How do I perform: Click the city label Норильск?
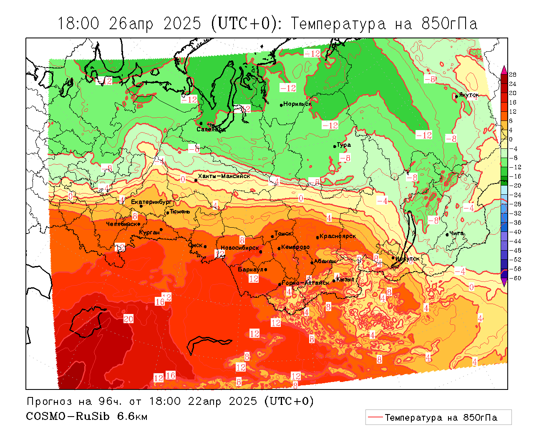pos(297,104)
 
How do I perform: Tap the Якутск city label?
pos(469,95)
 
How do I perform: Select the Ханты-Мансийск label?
pos(224,176)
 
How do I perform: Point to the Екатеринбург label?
pos(151,202)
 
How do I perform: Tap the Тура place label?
pos(344,145)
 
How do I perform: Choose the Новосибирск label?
pos(240,248)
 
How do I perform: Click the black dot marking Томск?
pos(272,236)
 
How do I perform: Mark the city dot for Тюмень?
pos(168,213)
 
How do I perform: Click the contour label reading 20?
pos(128,319)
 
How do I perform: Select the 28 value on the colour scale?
pos(513,75)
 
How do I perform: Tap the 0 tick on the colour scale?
pos(511,139)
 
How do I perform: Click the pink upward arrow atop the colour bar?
pos(504,69)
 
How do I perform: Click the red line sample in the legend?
pos(375,417)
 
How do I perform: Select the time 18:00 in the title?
pos(78,24)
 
